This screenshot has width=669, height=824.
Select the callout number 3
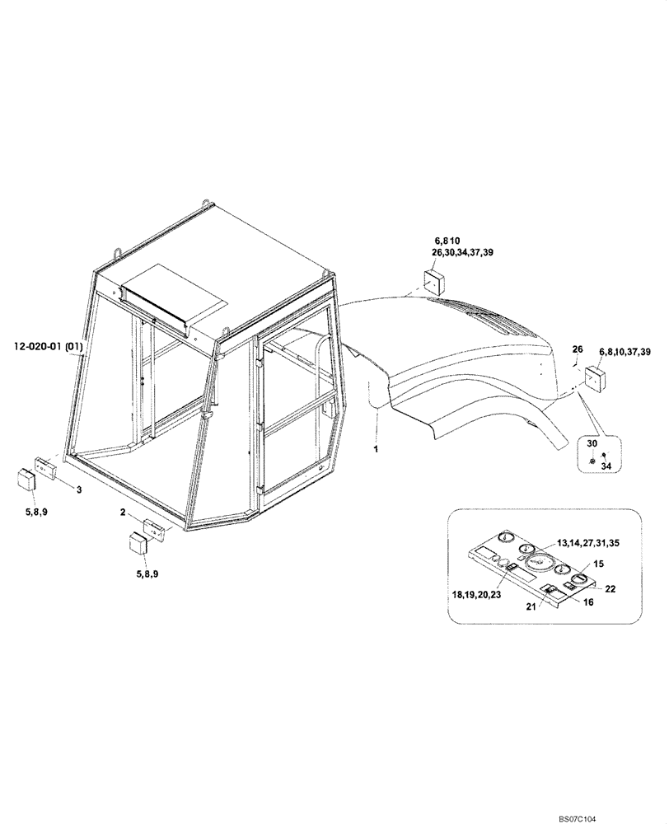pyautogui.click(x=78, y=490)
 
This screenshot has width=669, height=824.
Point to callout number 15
pyautogui.click(x=598, y=564)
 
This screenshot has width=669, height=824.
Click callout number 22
pyautogui.click(x=611, y=588)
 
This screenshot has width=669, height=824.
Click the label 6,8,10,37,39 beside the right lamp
pyautogui.click(x=625, y=352)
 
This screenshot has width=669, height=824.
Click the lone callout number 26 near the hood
pyautogui.click(x=577, y=348)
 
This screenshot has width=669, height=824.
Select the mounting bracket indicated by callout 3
pyautogui.click(x=44, y=466)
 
